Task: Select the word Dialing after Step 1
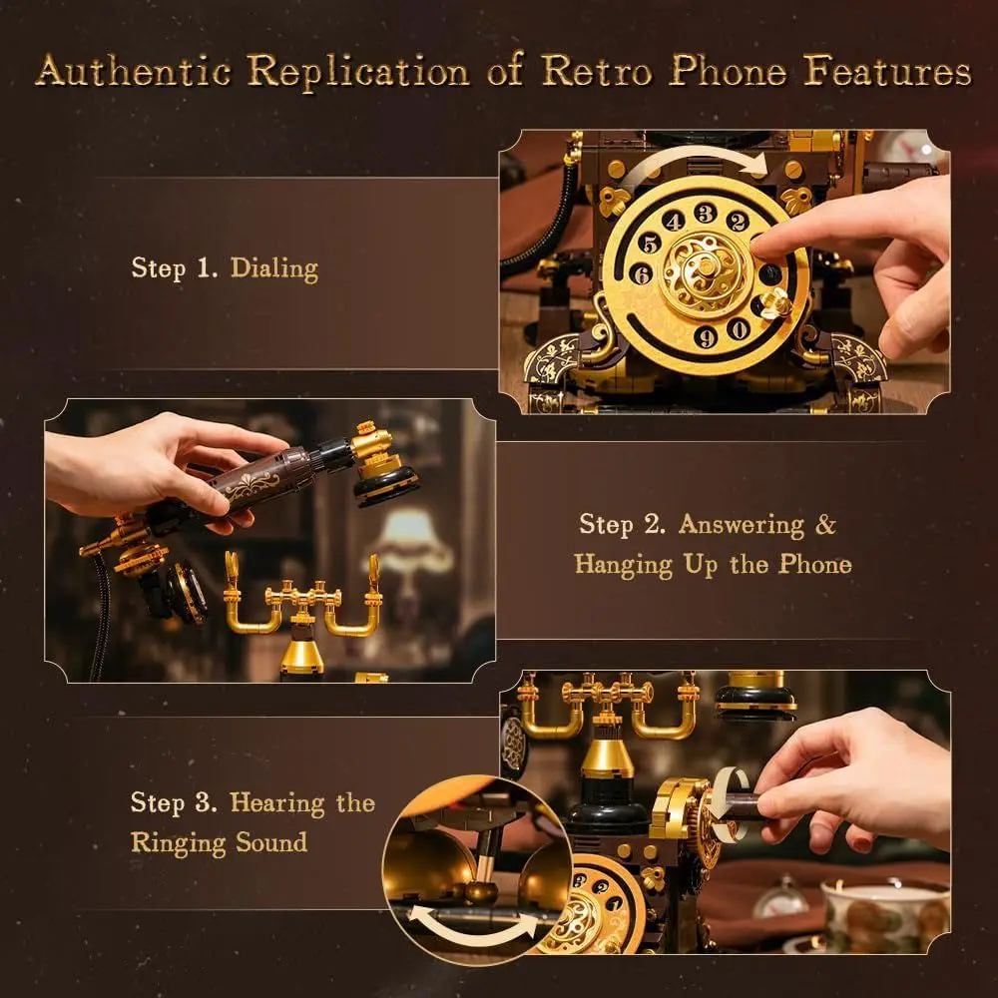coord(274,267)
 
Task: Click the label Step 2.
coord(621,525)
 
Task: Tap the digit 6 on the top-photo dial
coord(644,272)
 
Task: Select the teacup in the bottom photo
coord(878,913)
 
